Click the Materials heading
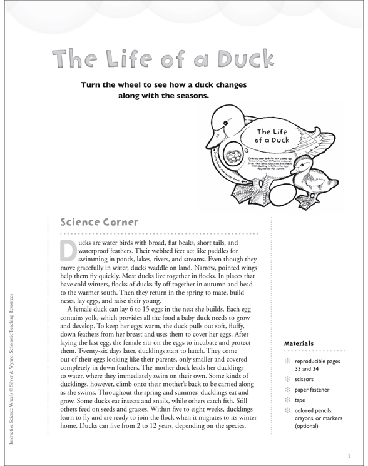point(302,343)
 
